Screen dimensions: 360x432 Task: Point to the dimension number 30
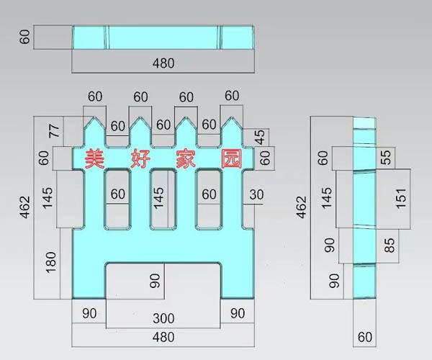(257, 194)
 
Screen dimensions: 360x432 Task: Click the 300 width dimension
(163, 318)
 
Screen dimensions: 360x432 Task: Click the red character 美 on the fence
(94, 158)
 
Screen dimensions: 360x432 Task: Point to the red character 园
(230, 158)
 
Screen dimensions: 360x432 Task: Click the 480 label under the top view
(163, 63)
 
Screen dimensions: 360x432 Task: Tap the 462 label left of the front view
(27, 206)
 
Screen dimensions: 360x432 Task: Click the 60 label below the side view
(365, 336)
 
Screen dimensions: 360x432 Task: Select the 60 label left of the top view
(26, 37)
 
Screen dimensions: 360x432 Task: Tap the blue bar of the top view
(163, 37)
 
